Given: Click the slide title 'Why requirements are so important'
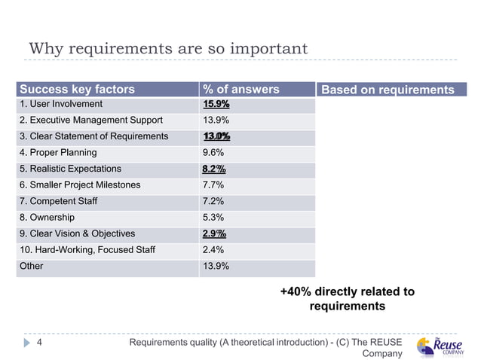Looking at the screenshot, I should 168,49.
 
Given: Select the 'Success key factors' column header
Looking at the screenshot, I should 77,90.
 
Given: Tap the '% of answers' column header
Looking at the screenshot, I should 240,90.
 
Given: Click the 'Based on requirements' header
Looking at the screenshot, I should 388,90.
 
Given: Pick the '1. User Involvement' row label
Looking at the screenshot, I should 61,104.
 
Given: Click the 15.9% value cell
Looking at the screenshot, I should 216,104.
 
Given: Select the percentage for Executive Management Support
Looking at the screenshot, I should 216,121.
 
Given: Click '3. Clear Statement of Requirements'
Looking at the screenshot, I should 94,136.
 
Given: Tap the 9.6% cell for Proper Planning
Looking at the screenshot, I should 214,152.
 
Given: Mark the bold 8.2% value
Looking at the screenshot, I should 214,169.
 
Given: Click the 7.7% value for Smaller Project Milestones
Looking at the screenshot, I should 214,185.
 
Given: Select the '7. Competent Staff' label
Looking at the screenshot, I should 59,201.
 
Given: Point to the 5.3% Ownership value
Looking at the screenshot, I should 214,217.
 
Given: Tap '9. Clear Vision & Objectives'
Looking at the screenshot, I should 78,233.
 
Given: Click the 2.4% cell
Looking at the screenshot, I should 214,249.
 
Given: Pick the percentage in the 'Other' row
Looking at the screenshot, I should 216,266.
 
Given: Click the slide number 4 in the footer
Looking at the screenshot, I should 40,343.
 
